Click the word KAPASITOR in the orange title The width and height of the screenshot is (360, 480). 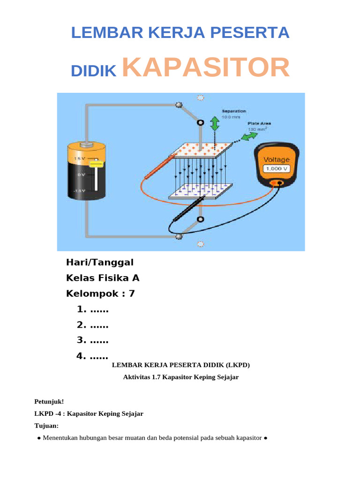[206, 68]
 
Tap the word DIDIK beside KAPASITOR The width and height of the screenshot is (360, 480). [93, 71]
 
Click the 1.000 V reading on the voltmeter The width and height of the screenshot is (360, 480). [277, 169]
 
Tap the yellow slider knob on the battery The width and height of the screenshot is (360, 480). [97, 164]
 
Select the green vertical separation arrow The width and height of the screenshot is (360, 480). [215, 124]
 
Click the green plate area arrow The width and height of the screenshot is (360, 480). [249, 136]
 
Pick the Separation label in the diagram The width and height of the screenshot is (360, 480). [233, 111]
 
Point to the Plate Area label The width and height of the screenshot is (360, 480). [259, 124]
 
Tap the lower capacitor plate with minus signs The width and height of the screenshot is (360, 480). [201, 191]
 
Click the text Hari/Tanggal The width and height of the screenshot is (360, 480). [100, 262]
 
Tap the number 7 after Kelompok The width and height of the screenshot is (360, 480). [131, 294]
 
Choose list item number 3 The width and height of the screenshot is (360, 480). [92, 341]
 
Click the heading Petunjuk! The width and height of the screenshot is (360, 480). [49, 401]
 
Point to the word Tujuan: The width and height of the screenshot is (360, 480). [47, 426]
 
